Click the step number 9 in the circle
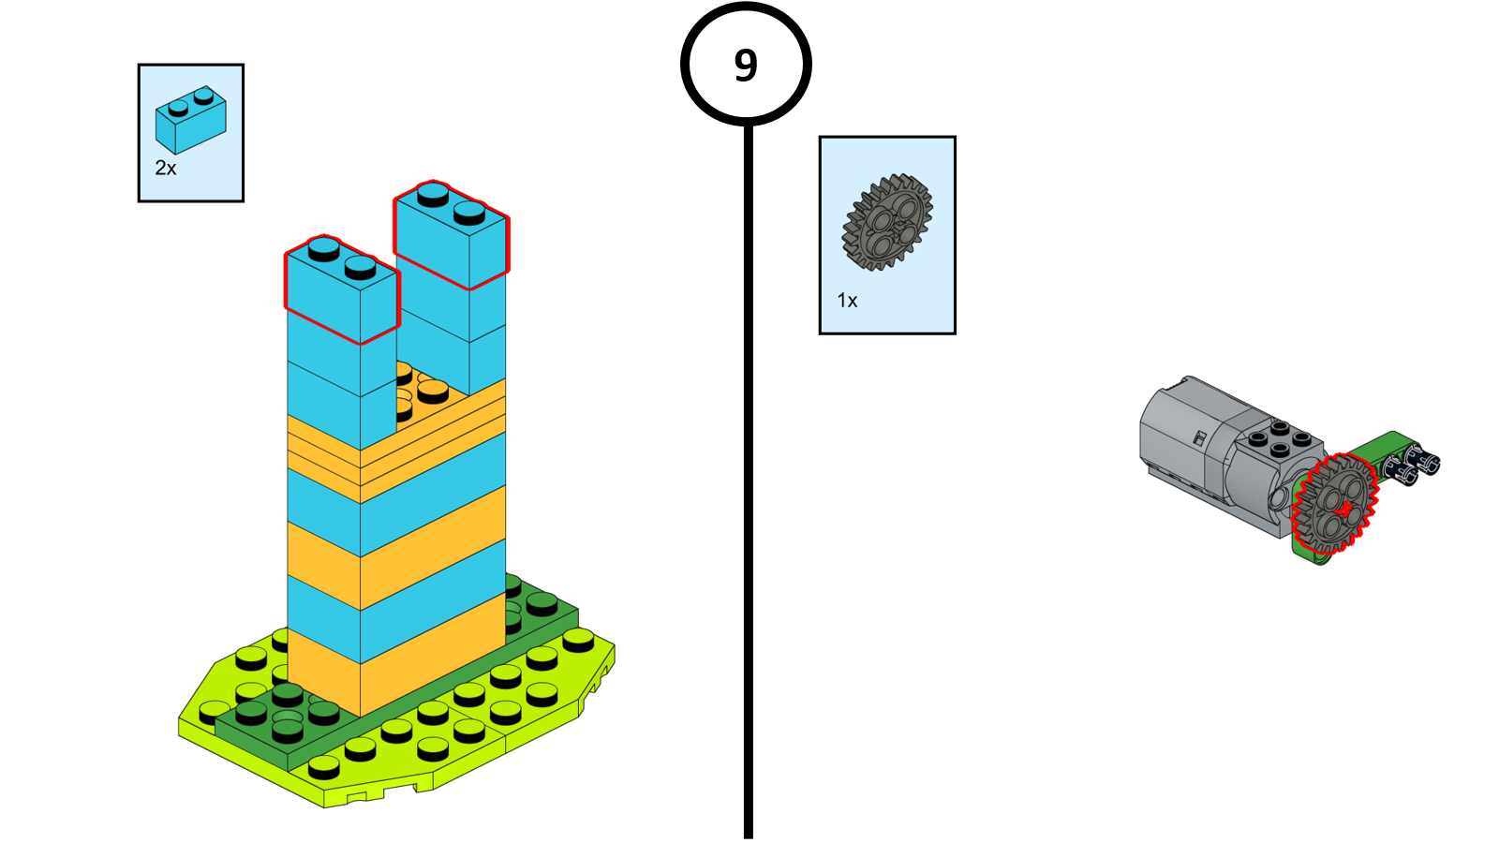(x=746, y=65)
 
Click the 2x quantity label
(x=166, y=169)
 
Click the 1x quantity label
(x=847, y=301)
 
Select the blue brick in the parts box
(x=190, y=120)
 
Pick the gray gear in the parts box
(x=886, y=223)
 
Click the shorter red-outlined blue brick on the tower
(x=342, y=290)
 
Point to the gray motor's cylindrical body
(x=1185, y=436)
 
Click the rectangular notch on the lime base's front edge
(x=355, y=797)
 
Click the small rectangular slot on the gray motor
(x=1198, y=437)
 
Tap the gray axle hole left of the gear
(x=1280, y=501)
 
